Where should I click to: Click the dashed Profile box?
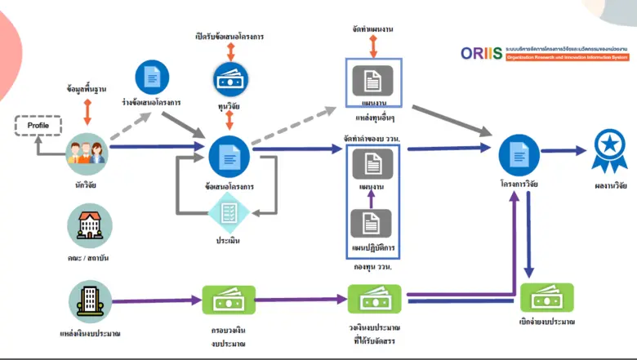tap(38, 126)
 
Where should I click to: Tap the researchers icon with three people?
tap(87, 150)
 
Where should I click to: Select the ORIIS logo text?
tap(481, 54)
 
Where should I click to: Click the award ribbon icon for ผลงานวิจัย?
tap(609, 149)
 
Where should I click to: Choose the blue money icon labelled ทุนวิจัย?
tap(230, 80)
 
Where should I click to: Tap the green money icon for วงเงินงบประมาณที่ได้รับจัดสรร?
tap(374, 300)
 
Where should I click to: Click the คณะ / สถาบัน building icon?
tap(89, 225)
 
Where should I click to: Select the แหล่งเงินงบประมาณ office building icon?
tap(89, 300)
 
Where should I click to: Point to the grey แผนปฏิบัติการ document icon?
tap(372, 224)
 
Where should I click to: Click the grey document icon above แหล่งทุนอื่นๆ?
tap(372, 80)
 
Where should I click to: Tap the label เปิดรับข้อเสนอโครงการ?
tap(229, 37)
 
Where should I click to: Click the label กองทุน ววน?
tap(372, 267)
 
